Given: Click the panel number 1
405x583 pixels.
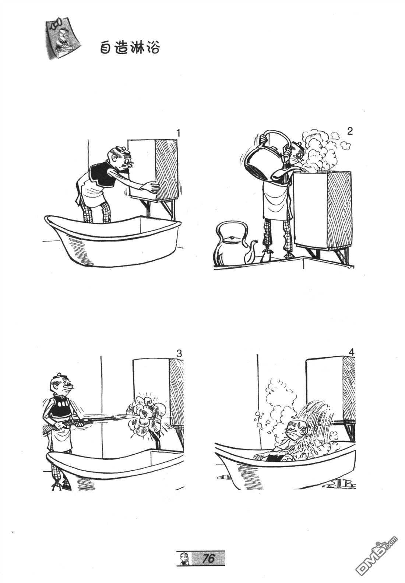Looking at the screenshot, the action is pyautogui.click(x=178, y=133).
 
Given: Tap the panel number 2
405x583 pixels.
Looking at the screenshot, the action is pyautogui.click(x=350, y=132).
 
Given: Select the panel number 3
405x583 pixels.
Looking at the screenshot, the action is pyautogui.click(x=179, y=354).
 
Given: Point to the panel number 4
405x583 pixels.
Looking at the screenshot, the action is pyautogui.click(x=352, y=353).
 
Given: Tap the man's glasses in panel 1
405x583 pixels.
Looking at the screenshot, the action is pyautogui.click(x=130, y=164).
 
